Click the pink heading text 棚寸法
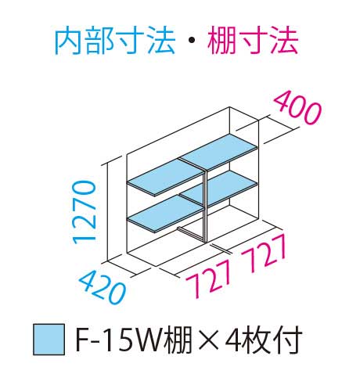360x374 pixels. [253, 41]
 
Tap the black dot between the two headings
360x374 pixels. [192, 41]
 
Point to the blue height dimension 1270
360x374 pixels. [85, 213]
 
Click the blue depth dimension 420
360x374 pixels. [103, 286]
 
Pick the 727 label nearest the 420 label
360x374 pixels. [209, 279]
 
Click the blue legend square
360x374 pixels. [49, 340]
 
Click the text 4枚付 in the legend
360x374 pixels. [264, 340]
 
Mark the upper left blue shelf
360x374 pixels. [165, 178]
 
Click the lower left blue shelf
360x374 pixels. [165, 214]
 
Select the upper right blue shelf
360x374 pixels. [218, 152]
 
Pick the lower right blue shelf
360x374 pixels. [218, 188]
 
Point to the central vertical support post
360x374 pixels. [205, 206]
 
